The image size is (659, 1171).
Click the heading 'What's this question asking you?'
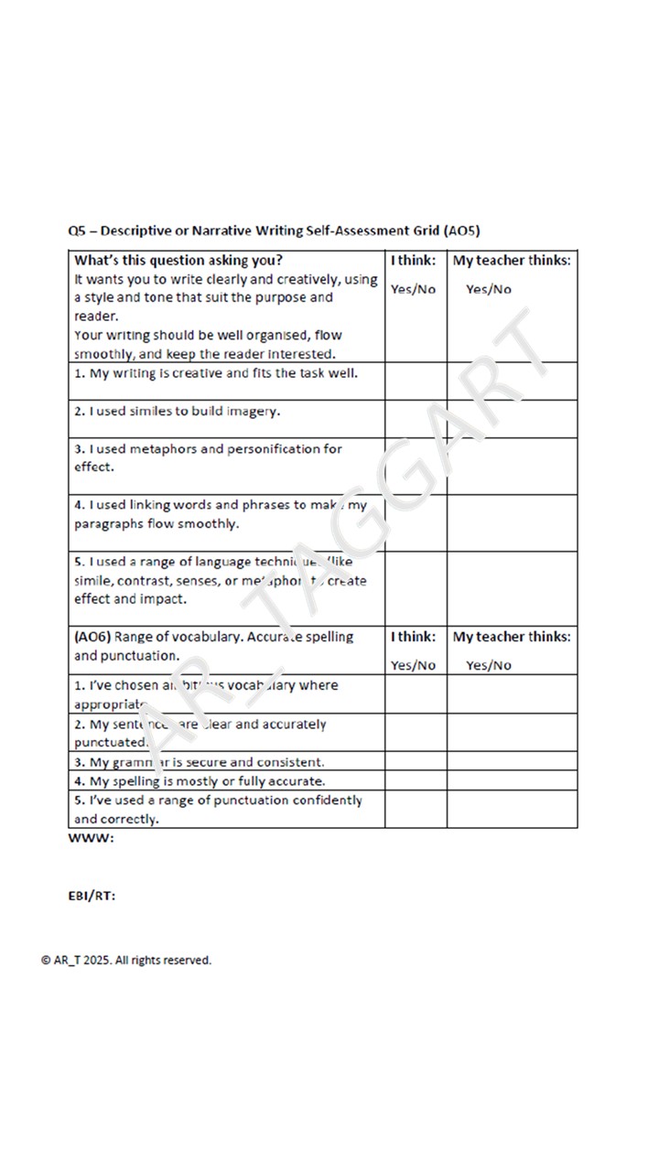coord(178,260)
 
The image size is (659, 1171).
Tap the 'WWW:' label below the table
coord(92,839)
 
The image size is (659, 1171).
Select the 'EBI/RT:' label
coord(92,896)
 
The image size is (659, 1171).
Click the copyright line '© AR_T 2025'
coord(126,960)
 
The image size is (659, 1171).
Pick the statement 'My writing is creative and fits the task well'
coord(216,373)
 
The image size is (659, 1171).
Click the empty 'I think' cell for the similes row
coord(416,419)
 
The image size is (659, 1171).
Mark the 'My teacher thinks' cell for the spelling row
coord(512,781)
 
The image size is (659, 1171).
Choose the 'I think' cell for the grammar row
coord(416,762)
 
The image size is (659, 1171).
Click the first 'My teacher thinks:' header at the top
coord(512,260)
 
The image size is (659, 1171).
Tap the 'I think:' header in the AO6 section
coord(414,637)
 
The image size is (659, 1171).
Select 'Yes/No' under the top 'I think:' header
coord(414,289)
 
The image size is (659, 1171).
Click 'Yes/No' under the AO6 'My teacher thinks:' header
coord(489,665)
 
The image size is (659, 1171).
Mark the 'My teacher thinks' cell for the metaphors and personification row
coord(512,467)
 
